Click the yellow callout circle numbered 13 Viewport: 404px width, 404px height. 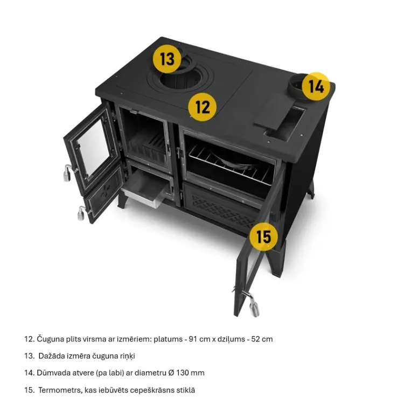[167, 59]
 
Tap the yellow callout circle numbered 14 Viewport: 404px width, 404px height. [316, 86]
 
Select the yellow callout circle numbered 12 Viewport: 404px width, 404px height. [202, 107]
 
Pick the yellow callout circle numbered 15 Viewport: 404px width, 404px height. [263, 236]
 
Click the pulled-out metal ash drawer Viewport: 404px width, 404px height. [145, 191]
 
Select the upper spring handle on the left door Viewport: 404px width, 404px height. [68, 172]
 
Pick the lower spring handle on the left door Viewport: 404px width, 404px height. [82, 213]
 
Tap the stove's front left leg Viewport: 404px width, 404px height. [122, 200]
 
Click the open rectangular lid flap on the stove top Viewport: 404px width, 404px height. [274, 112]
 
